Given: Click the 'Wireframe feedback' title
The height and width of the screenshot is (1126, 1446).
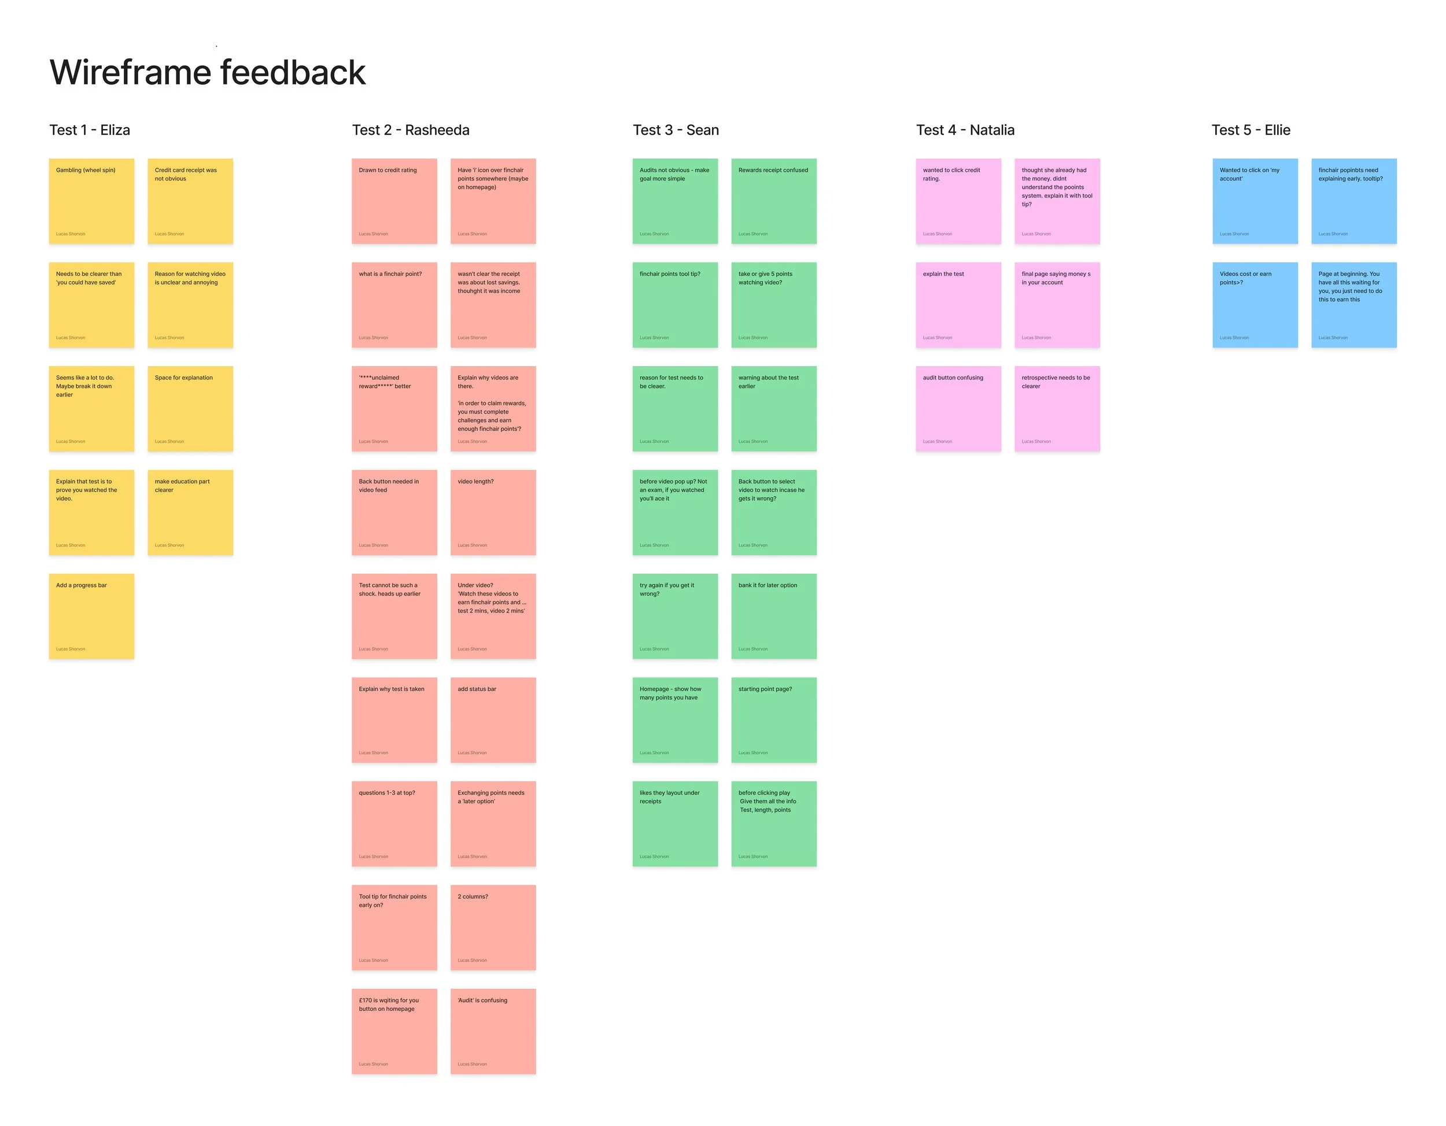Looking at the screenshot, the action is pyautogui.click(x=207, y=72).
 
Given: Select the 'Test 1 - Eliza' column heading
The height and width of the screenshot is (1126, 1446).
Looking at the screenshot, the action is pyautogui.click(x=90, y=130).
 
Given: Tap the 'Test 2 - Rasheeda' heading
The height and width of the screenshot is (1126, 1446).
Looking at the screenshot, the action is pyautogui.click(x=411, y=130).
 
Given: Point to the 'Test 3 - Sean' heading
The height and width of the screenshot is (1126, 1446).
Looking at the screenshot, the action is pyautogui.click(x=676, y=130).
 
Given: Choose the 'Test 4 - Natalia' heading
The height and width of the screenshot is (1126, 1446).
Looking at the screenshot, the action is pyautogui.click(x=965, y=130).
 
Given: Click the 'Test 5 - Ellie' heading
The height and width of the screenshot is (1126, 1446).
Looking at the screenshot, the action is pyautogui.click(x=1251, y=130).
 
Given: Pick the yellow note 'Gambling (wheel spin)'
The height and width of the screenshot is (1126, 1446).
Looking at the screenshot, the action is pyautogui.click(x=91, y=201).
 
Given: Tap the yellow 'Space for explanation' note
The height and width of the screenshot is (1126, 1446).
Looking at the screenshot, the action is pyautogui.click(x=190, y=408).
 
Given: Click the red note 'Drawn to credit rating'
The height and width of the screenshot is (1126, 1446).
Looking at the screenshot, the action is pyautogui.click(x=394, y=201).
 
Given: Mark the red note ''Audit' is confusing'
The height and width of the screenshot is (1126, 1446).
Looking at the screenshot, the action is pyautogui.click(x=493, y=1031).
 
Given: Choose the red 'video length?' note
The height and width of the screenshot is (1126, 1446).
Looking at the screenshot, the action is pyautogui.click(x=493, y=512).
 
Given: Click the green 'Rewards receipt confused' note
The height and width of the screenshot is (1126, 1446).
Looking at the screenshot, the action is pyautogui.click(x=773, y=201).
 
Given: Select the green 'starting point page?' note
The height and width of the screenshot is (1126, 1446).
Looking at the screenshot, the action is pyautogui.click(x=773, y=719).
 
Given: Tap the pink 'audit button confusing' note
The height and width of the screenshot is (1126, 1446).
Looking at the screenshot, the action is pyautogui.click(x=958, y=408).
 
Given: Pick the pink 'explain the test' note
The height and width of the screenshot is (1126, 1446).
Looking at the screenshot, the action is pyautogui.click(x=958, y=305).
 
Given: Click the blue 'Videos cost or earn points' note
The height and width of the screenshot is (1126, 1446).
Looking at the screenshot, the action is pyautogui.click(x=1255, y=305).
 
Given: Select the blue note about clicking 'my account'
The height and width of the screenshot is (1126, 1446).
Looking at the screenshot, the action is pyautogui.click(x=1255, y=201).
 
